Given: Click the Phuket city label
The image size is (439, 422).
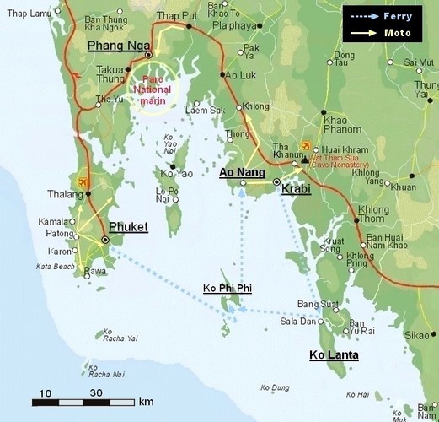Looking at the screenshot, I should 128,227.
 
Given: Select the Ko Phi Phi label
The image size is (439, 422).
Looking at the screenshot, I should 228,289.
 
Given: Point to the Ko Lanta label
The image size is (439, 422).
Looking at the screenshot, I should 334,355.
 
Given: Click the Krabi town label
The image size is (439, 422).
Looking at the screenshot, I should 297,189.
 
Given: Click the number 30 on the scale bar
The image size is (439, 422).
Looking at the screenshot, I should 95,393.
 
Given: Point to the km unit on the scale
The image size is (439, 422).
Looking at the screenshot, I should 146,400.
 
